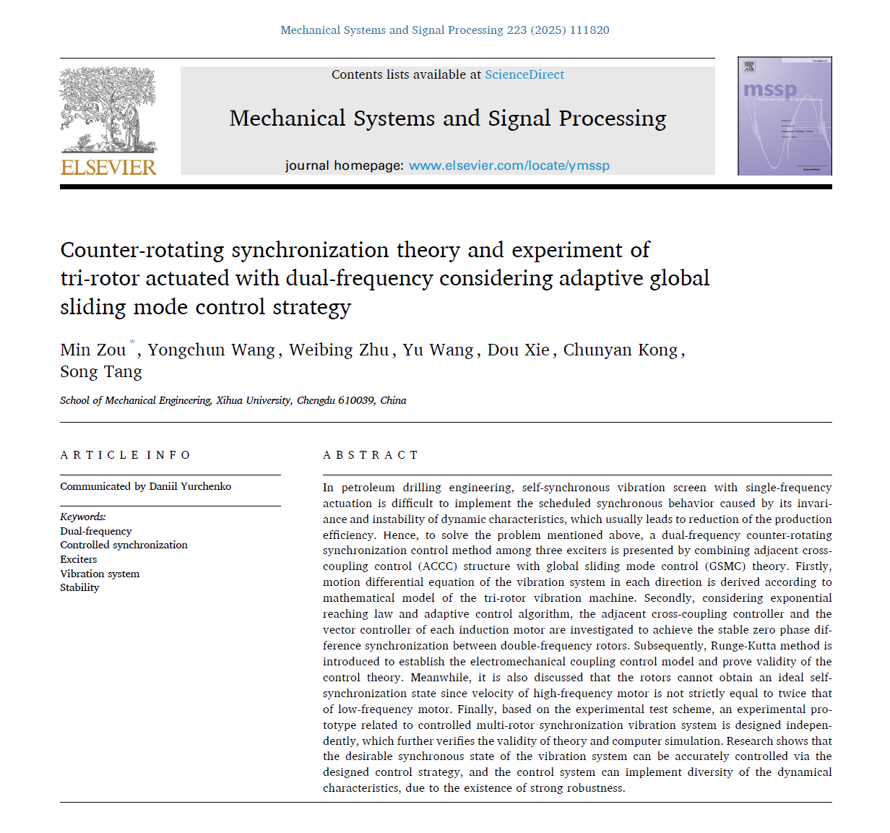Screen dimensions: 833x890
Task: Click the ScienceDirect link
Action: [524, 74]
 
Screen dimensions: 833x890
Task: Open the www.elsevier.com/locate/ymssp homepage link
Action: [509, 165]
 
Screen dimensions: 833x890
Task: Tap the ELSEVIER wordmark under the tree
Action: [108, 168]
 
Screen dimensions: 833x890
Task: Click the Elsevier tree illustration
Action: [108, 108]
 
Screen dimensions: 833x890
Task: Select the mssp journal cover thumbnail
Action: [785, 116]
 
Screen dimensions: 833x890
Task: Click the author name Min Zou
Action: [92, 350]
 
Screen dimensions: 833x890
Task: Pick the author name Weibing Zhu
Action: [339, 350]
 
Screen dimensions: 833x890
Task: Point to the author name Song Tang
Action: [101, 372]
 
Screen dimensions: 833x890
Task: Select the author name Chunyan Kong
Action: [621, 350]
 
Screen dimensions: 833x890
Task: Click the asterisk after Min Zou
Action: [132, 342]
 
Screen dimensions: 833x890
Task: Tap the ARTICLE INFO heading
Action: [125, 455]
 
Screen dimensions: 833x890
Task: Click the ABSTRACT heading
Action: [371, 455]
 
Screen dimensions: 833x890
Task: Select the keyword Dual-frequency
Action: [96, 531]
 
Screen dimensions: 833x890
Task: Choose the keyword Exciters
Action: [79, 559]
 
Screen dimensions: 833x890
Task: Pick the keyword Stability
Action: [79, 587]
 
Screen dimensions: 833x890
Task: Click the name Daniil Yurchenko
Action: [190, 486]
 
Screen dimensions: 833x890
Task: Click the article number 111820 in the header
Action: [589, 30]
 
